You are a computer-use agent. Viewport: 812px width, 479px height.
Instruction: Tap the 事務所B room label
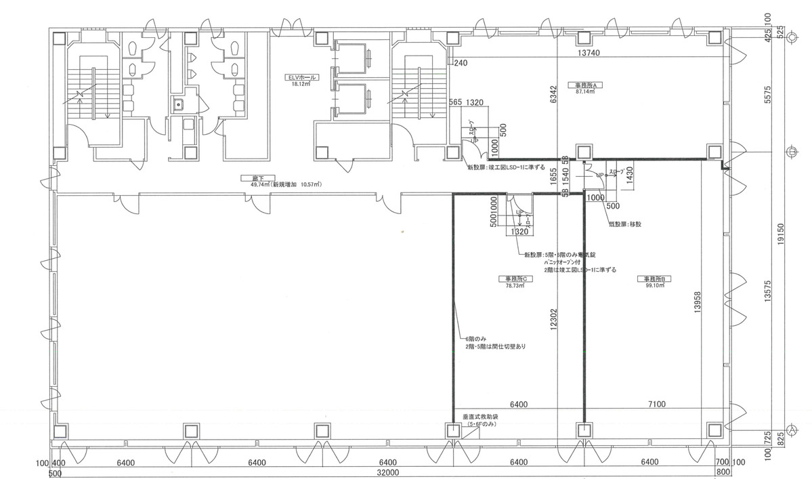(x=656, y=278)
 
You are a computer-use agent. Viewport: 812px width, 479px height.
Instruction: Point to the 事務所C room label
(x=516, y=278)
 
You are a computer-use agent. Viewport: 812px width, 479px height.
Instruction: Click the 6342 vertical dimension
(x=554, y=95)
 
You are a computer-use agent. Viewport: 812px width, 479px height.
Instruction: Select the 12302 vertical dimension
(x=554, y=315)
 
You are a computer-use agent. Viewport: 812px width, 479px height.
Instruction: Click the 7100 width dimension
(x=656, y=404)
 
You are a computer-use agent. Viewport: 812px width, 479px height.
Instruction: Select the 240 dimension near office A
(x=461, y=64)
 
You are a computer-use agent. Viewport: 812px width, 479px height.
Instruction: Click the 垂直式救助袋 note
(x=480, y=417)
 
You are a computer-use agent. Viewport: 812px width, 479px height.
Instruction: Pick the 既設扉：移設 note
(x=624, y=223)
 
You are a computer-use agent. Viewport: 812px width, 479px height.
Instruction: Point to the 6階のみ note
(x=475, y=339)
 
